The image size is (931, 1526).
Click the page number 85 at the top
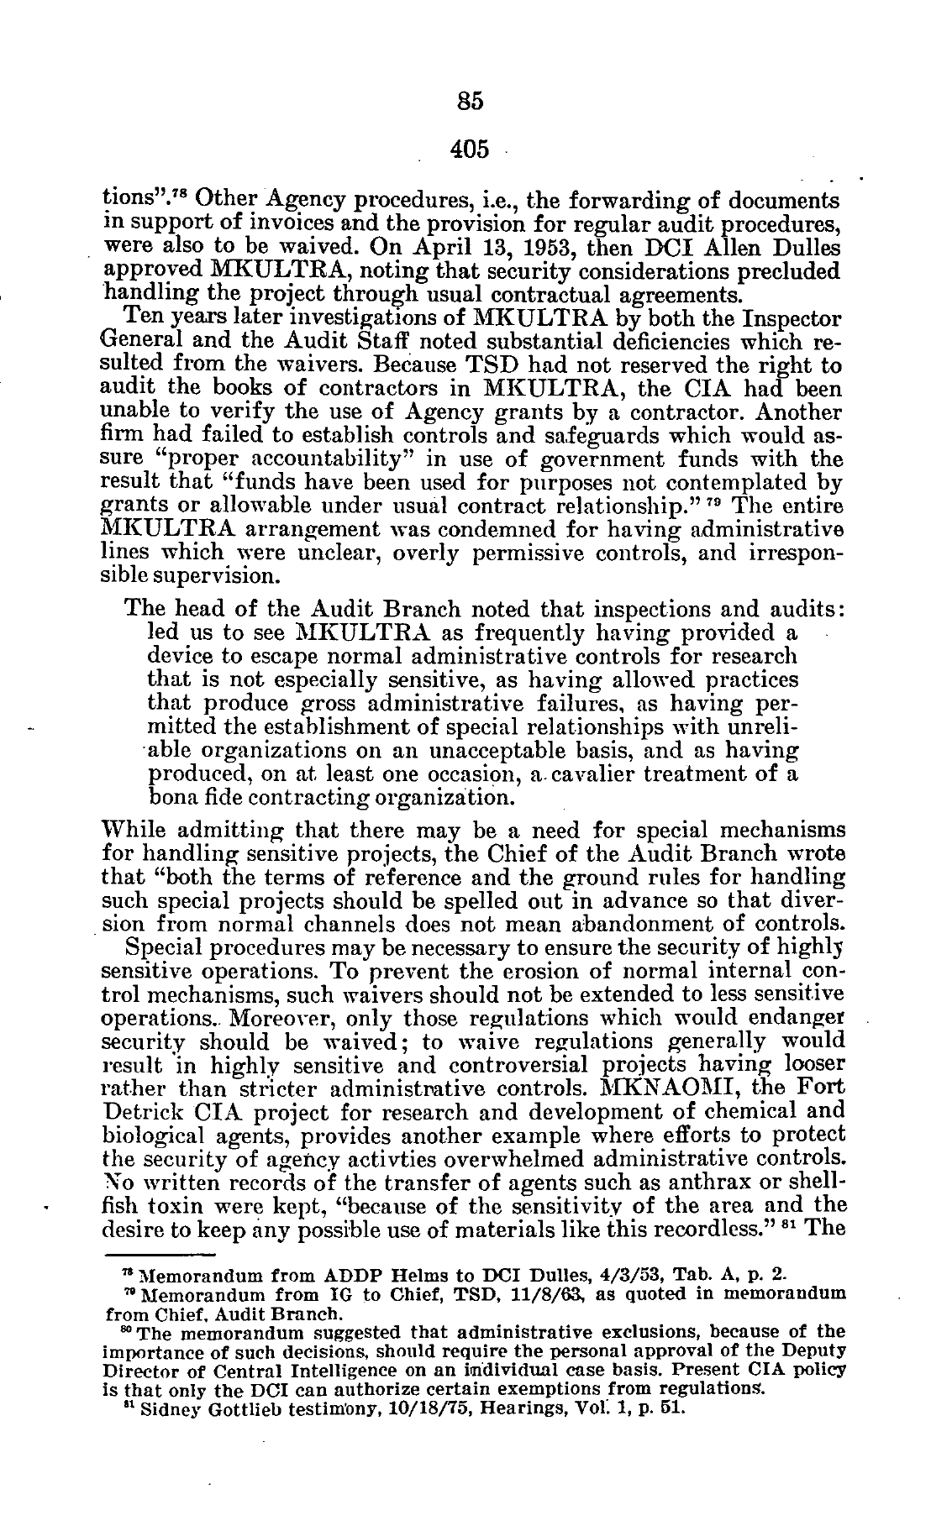[471, 102]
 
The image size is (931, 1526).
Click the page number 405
[470, 149]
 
